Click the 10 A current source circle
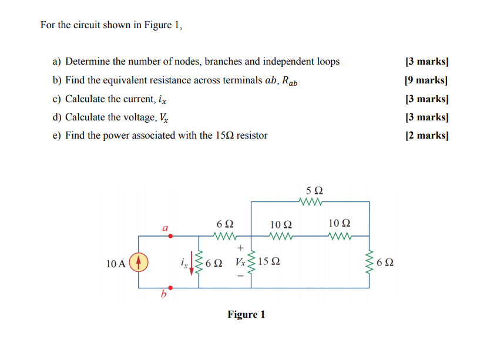click(139, 262)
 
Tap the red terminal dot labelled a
click(171, 236)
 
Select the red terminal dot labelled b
click(171, 288)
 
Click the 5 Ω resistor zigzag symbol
click(310, 203)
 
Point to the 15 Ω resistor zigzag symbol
click(253, 262)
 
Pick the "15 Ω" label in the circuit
click(268, 263)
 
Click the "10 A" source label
click(116, 263)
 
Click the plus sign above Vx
click(240, 248)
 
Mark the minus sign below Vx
click(240, 276)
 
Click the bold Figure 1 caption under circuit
click(246, 315)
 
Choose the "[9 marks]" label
click(427, 80)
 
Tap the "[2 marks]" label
click(427, 136)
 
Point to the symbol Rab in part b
click(289, 81)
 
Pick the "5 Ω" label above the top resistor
click(315, 190)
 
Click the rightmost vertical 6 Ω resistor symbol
click(370, 262)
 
